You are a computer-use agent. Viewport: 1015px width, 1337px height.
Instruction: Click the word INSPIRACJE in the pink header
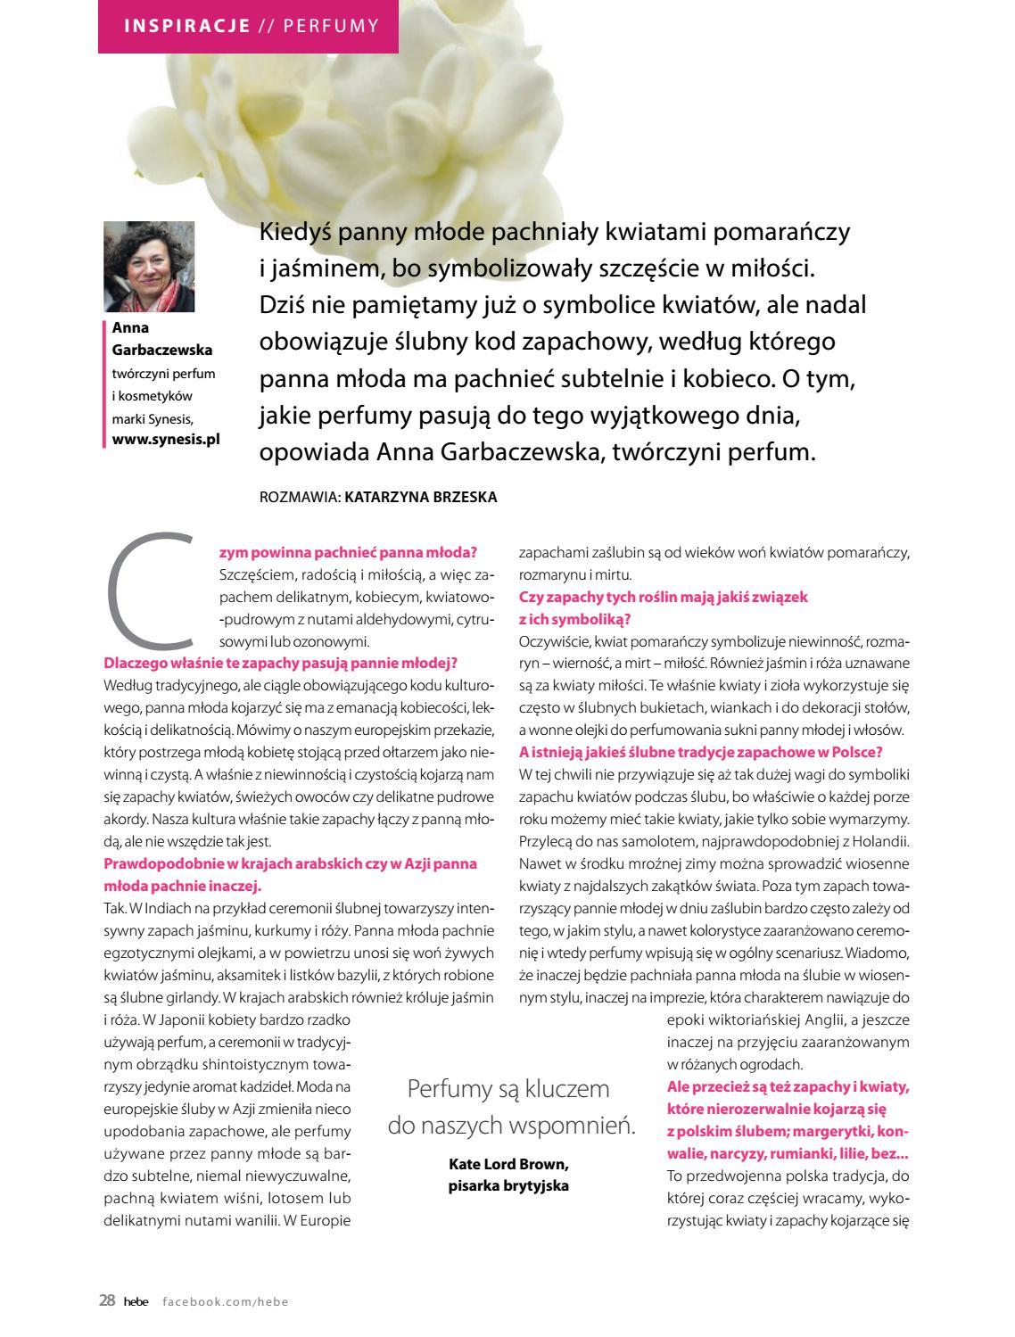pyautogui.click(x=186, y=25)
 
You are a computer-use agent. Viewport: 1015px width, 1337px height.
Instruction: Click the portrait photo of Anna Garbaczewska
pyautogui.click(x=149, y=267)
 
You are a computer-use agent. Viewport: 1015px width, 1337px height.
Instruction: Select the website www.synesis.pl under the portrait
pyautogui.click(x=166, y=439)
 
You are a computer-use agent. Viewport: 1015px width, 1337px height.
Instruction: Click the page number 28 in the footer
pyautogui.click(x=107, y=1300)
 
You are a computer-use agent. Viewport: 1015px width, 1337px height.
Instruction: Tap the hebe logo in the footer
pyautogui.click(x=135, y=1301)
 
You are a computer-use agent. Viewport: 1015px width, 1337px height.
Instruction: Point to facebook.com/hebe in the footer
pyautogui.click(x=226, y=1301)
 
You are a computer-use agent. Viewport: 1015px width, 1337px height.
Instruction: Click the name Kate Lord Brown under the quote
pyautogui.click(x=507, y=1165)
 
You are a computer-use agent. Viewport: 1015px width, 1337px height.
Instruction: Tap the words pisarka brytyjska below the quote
pyautogui.click(x=507, y=1185)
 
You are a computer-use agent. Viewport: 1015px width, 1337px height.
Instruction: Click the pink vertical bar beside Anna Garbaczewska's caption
pyautogui.click(x=105, y=384)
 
